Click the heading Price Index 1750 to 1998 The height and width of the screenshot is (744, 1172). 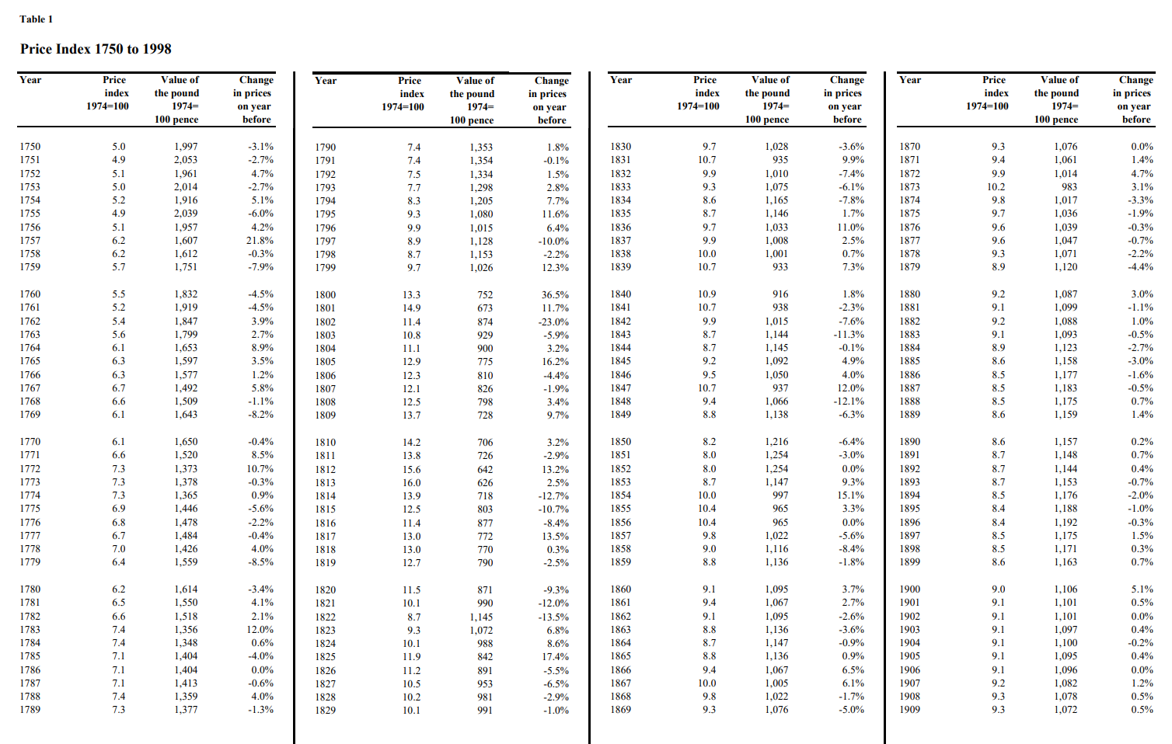point(96,49)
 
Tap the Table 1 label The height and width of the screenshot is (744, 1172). point(36,19)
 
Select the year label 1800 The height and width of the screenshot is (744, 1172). point(325,295)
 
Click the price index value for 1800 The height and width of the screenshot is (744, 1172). point(411,295)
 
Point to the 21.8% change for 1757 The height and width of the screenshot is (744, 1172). point(260,241)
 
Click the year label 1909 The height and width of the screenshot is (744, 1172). point(909,710)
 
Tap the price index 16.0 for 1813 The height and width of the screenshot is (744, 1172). point(411,483)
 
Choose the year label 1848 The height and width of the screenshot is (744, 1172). point(620,402)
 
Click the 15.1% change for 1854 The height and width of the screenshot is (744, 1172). point(850,495)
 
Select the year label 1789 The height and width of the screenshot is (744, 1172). point(30,710)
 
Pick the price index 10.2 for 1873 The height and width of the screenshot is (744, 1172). point(996,187)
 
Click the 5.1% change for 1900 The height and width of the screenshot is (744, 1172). point(1142,589)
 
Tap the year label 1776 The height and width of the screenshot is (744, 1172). point(30,523)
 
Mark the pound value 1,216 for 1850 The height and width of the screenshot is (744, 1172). point(776,442)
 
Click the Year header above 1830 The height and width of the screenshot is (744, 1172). point(620,80)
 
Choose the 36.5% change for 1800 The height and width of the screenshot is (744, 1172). point(555,295)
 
